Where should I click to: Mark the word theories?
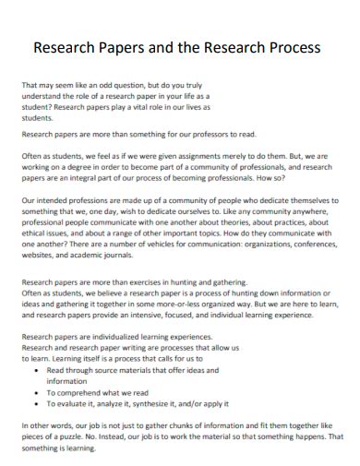click(233, 222)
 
